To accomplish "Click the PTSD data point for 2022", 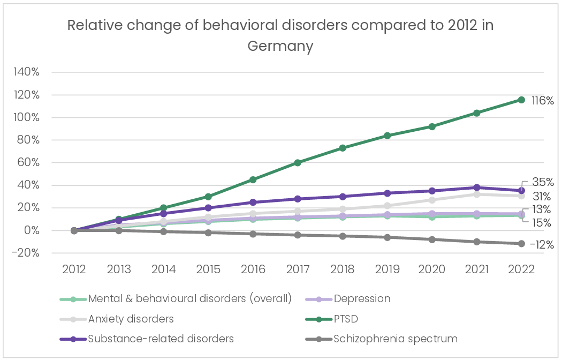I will click(x=521, y=100).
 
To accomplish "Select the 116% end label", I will click(x=542, y=100).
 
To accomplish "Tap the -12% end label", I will click(x=541, y=244).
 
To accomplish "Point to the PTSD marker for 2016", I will click(x=253, y=179).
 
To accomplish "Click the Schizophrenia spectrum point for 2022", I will click(x=521, y=244).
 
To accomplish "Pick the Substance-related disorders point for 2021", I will click(x=476, y=187).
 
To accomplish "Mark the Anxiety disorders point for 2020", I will click(x=432, y=200).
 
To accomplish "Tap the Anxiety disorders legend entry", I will click(x=131, y=319).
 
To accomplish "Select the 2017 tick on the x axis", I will click(x=298, y=269).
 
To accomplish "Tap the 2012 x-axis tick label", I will click(x=74, y=269).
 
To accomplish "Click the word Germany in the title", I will click(x=280, y=46).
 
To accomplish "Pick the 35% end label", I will click(x=543, y=182).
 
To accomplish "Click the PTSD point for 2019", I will click(x=387, y=136).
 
